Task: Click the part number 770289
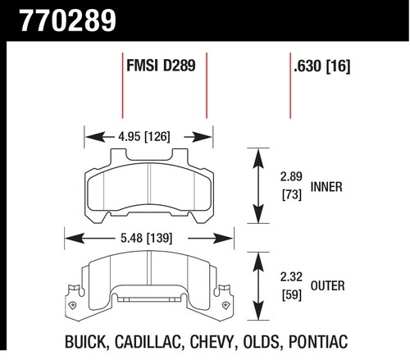(x=68, y=21)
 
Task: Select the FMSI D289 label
(x=161, y=66)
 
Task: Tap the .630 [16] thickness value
(x=322, y=66)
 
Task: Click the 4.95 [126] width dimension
(x=144, y=136)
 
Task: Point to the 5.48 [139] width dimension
(x=147, y=238)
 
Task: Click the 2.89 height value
(x=291, y=176)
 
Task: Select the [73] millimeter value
(x=292, y=194)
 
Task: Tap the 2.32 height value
(x=291, y=277)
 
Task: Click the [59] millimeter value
(x=292, y=295)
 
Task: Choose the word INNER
(x=326, y=187)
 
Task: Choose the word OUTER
(x=328, y=286)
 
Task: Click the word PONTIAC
(x=318, y=342)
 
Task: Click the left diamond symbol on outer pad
(x=73, y=305)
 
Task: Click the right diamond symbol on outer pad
(x=226, y=305)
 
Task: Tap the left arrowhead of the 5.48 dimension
(x=75, y=239)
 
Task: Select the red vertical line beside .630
(x=290, y=85)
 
